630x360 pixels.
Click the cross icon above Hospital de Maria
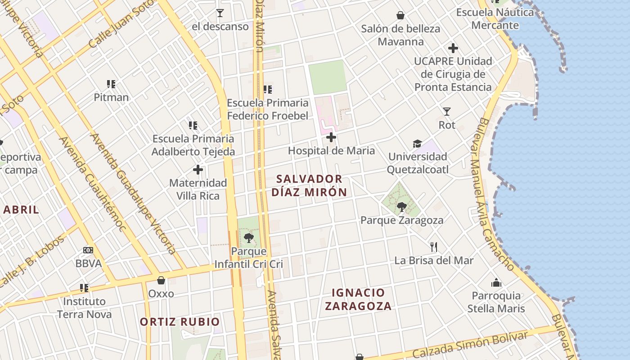331,137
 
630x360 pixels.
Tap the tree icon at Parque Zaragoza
401,207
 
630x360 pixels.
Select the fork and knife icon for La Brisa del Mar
434,247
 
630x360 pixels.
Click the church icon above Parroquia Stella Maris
496,283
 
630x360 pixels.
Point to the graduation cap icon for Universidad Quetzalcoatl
418,144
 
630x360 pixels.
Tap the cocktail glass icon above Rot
446,111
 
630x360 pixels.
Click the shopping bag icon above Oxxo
161,280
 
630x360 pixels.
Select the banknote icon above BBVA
88,250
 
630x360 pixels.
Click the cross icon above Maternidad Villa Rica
198,170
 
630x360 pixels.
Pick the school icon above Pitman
111,84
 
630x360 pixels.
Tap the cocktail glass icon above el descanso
220,13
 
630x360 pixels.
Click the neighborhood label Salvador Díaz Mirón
309,185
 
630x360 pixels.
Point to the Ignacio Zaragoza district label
358,299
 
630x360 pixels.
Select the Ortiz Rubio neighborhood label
180,322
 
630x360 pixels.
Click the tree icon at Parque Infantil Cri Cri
248,238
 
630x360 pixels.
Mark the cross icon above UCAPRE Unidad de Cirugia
453,48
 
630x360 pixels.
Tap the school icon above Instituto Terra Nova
84,288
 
